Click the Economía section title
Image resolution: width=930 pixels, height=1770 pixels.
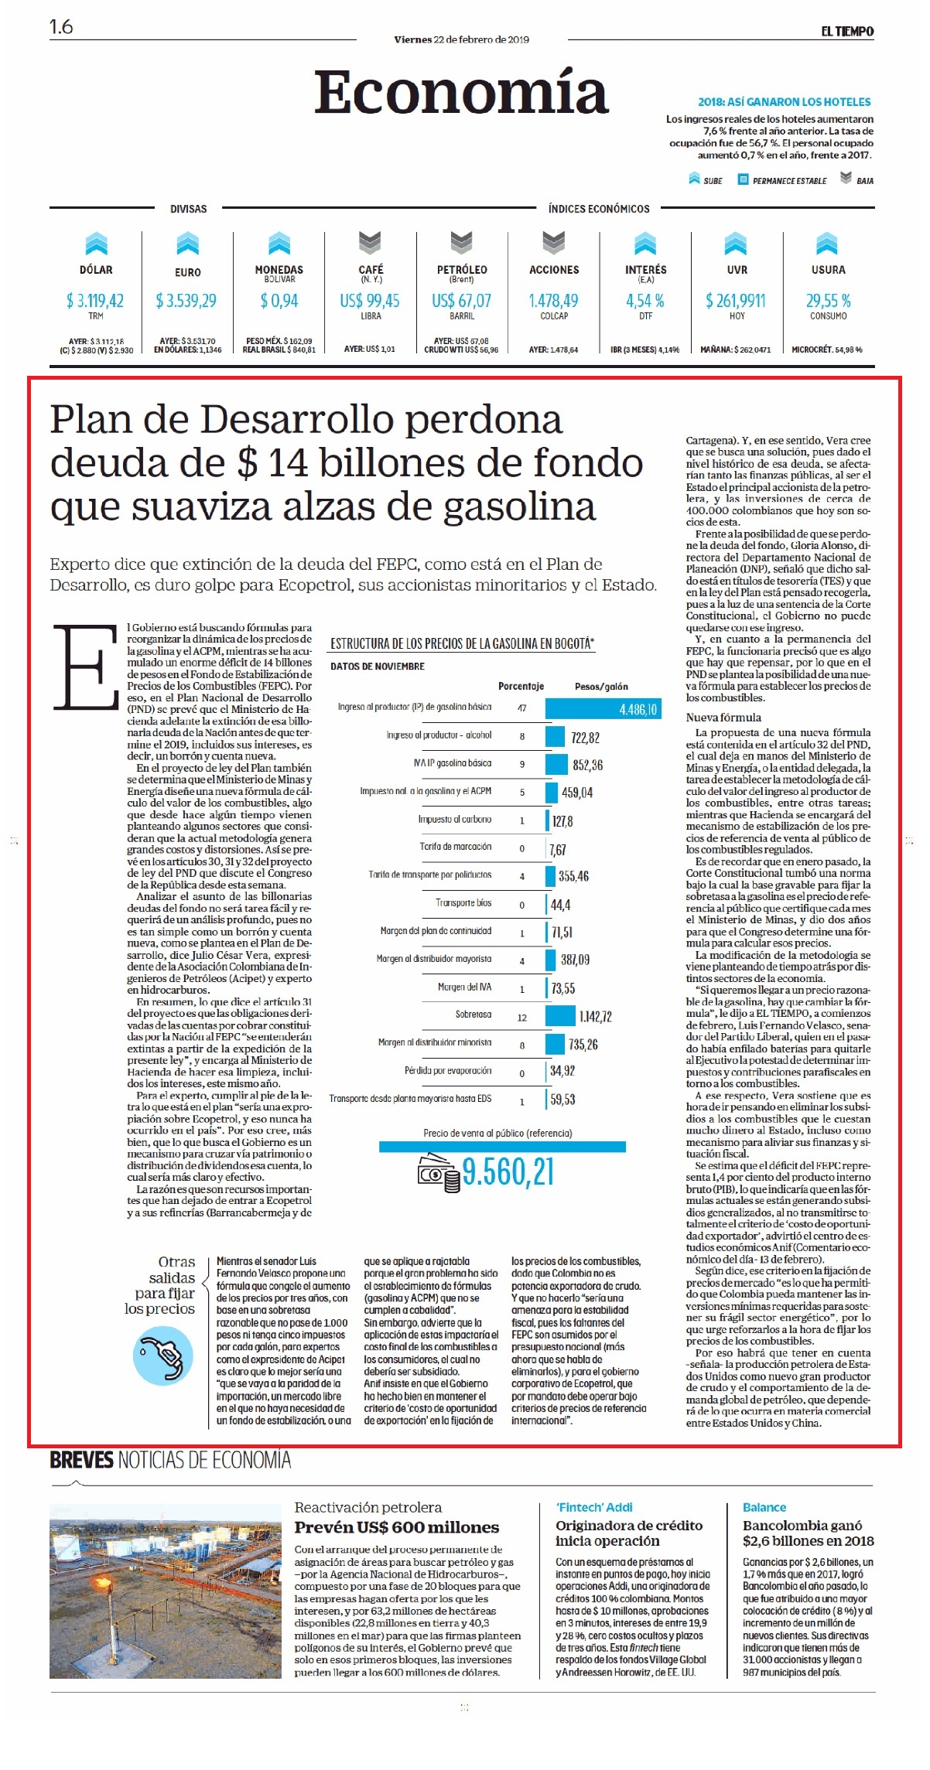(x=461, y=92)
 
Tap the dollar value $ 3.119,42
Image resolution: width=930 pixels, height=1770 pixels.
(x=95, y=301)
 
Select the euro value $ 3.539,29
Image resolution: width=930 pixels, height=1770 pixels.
(x=186, y=301)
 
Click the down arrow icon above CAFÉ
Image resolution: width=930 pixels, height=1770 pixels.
(x=370, y=243)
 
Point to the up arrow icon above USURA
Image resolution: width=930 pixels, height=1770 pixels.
(x=827, y=243)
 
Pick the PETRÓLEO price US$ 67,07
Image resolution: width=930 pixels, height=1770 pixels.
(x=461, y=301)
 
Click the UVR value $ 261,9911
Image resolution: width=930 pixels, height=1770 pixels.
(x=736, y=301)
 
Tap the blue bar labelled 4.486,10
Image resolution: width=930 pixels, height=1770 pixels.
(x=603, y=709)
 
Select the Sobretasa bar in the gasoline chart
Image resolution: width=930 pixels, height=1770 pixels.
(x=560, y=1016)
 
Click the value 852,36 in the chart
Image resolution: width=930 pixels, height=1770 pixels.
(x=587, y=766)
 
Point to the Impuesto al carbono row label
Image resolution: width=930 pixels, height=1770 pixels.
(x=455, y=819)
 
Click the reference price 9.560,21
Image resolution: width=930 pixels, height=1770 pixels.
(x=508, y=1172)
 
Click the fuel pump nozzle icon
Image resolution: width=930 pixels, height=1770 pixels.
(x=162, y=1356)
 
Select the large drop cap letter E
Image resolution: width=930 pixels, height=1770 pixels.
(x=85, y=667)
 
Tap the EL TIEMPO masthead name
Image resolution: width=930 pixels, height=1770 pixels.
(x=847, y=32)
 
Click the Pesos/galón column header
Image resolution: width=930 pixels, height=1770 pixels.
(x=601, y=687)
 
